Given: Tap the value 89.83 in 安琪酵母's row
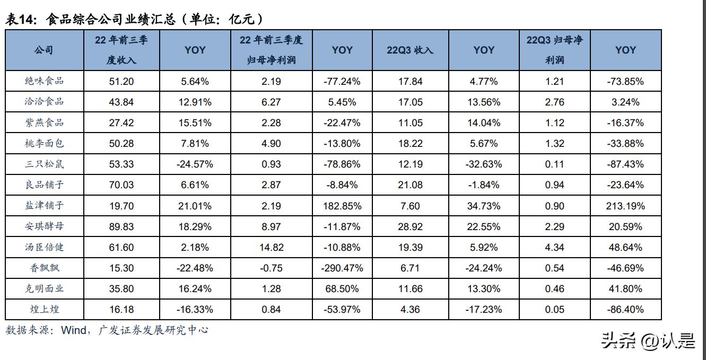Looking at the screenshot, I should point(121,226).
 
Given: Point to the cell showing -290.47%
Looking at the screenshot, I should point(342,268).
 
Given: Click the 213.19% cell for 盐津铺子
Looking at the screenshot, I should point(625,206).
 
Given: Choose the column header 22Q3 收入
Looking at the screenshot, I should point(410,50).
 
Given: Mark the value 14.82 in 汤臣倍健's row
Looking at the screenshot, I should point(272,248).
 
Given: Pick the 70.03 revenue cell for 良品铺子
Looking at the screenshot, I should point(121,185).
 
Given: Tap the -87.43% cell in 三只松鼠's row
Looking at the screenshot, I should point(625,164).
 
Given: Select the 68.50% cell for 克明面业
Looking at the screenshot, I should point(342,289).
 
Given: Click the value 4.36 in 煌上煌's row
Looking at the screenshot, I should point(410,310).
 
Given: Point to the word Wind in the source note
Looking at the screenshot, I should point(74,330).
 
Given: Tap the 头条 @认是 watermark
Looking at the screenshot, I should point(648,341).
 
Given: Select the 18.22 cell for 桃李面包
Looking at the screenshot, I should point(410,144).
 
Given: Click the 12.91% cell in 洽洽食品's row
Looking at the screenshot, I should point(195,102).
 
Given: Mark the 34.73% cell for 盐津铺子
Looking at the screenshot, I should point(483,206).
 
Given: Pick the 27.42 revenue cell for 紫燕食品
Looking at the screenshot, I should point(121,122).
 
